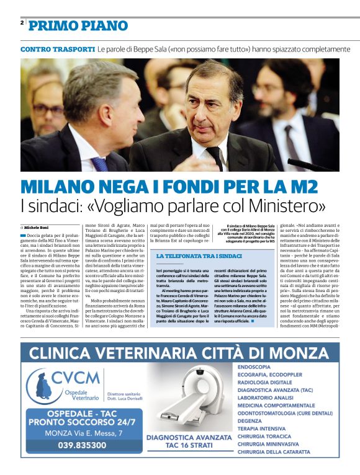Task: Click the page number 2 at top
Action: point(22,23)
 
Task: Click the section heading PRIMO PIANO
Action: point(78,25)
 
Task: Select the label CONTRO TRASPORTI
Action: point(58,49)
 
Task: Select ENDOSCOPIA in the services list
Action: point(254,367)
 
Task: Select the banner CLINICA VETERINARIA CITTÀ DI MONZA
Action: point(179,353)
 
